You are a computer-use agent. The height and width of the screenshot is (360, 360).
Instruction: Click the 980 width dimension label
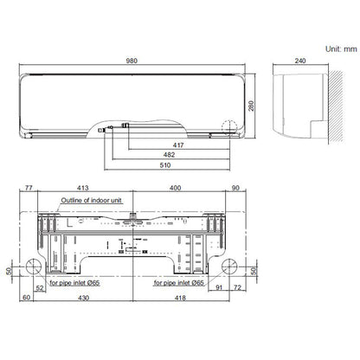tap(132, 61)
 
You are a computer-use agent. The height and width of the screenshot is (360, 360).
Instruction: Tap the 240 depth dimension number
tap(300, 61)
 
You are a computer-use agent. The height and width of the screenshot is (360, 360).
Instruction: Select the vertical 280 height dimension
tap(251, 106)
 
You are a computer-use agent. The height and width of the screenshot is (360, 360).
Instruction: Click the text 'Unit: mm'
tap(341, 49)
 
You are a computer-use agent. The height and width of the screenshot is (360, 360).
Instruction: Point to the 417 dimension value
tap(178, 145)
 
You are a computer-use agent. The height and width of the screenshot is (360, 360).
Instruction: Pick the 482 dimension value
tap(169, 155)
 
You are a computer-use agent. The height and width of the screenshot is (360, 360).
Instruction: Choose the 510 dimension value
tap(165, 165)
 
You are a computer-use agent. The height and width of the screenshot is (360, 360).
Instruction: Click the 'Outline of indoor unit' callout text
tap(91, 200)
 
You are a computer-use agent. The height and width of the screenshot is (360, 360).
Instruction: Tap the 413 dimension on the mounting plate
tap(83, 188)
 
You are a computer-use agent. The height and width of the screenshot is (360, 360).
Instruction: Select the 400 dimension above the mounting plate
tap(175, 188)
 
